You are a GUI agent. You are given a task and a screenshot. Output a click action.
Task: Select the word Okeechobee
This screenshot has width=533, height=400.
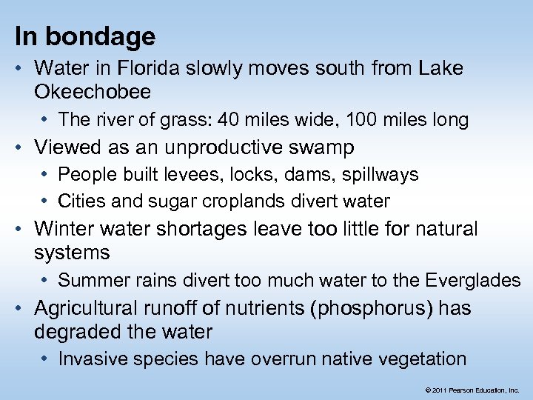[x=93, y=92]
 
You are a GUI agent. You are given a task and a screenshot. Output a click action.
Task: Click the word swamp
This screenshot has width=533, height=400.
[x=323, y=147]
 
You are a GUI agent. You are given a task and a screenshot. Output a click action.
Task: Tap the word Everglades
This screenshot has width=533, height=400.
[x=473, y=280]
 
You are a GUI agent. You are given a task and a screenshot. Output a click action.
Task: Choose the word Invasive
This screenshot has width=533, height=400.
[x=89, y=359]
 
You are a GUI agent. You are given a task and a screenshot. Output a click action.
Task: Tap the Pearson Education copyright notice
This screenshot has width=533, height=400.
[x=472, y=389]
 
